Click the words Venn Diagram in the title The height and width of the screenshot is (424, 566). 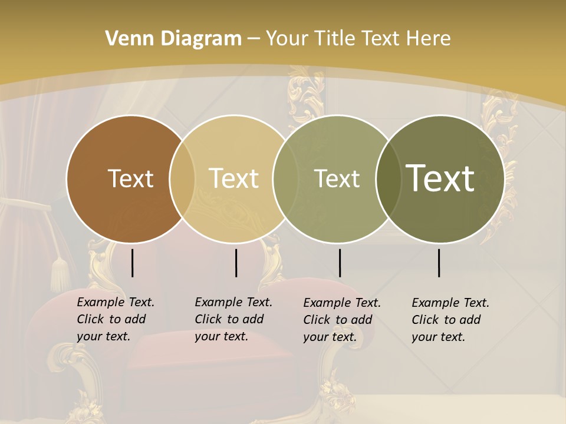(x=173, y=39)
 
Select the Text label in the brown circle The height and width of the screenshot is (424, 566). (x=130, y=178)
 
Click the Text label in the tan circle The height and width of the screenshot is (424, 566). (x=234, y=178)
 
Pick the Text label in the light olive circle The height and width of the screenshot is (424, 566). (x=337, y=178)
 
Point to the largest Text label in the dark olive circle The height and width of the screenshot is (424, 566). (x=440, y=178)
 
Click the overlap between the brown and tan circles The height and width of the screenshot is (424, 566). (x=182, y=178)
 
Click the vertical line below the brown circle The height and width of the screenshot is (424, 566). (x=132, y=263)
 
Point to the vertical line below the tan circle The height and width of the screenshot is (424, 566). (x=236, y=263)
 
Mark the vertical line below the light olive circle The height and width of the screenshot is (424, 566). (x=340, y=263)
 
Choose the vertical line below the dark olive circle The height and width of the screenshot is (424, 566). (x=439, y=263)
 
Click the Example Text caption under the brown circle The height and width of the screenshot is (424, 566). (x=115, y=319)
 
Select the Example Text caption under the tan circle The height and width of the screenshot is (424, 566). (x=233, y=319)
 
